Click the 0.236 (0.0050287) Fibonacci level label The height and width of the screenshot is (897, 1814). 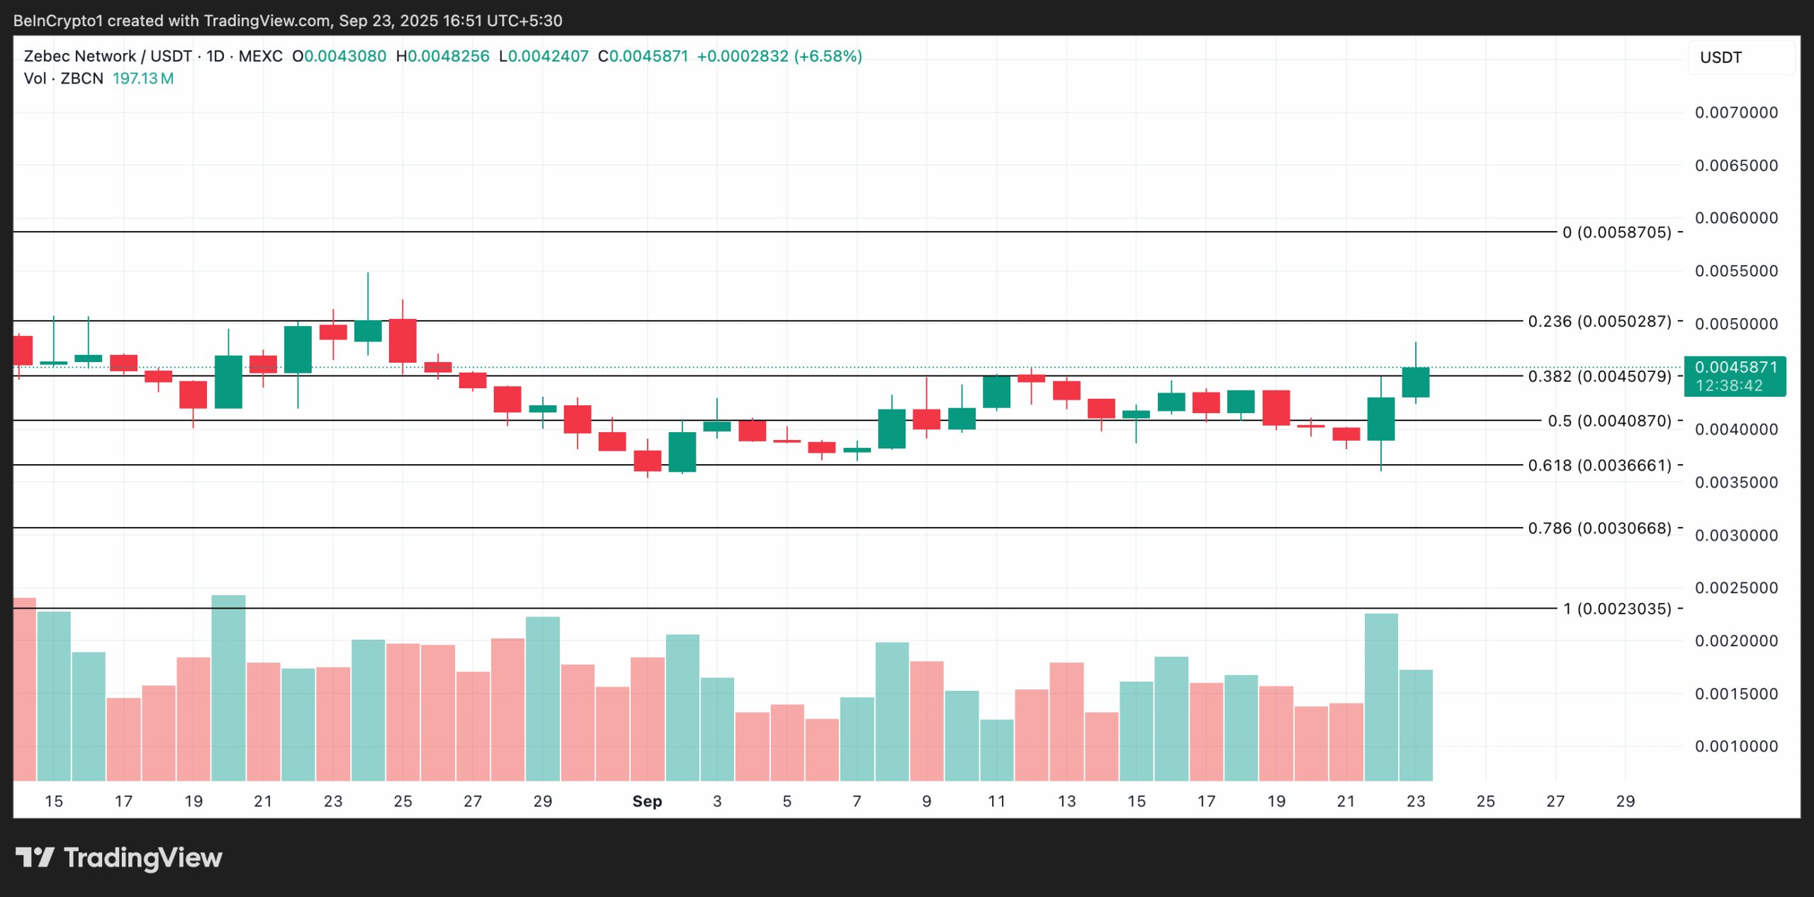click(x=1599, y=322)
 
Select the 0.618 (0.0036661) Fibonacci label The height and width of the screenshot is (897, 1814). click(x=1599, y=466)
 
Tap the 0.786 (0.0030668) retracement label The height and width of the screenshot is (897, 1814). click(x=1599, y=529)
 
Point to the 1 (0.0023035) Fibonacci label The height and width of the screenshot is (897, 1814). click(x=1617, y=609)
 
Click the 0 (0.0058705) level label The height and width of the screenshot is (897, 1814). click(x=1617, y=232)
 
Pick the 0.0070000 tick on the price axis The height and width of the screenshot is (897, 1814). click(x=1736, y=113)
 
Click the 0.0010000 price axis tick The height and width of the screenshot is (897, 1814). click(x=1736, y=747)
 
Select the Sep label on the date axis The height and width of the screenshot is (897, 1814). click(x=647, y=801)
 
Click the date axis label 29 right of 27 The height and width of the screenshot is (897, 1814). click(x=1625, y=801)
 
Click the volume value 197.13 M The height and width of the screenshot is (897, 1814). click(x=143, y=79)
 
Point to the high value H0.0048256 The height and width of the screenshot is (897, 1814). click(x=443, y=57)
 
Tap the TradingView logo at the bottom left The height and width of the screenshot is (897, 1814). click(x=119, y=858)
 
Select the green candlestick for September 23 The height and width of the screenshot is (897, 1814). click(x=1415, y=383)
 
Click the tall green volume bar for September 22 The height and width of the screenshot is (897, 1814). click(x=1380, y=698)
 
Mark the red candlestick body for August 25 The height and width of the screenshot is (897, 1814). click(x=402, y=341)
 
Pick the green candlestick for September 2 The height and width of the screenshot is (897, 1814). click(x=682, y=452)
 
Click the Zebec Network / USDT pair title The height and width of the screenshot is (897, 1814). click(x=108, y=57)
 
